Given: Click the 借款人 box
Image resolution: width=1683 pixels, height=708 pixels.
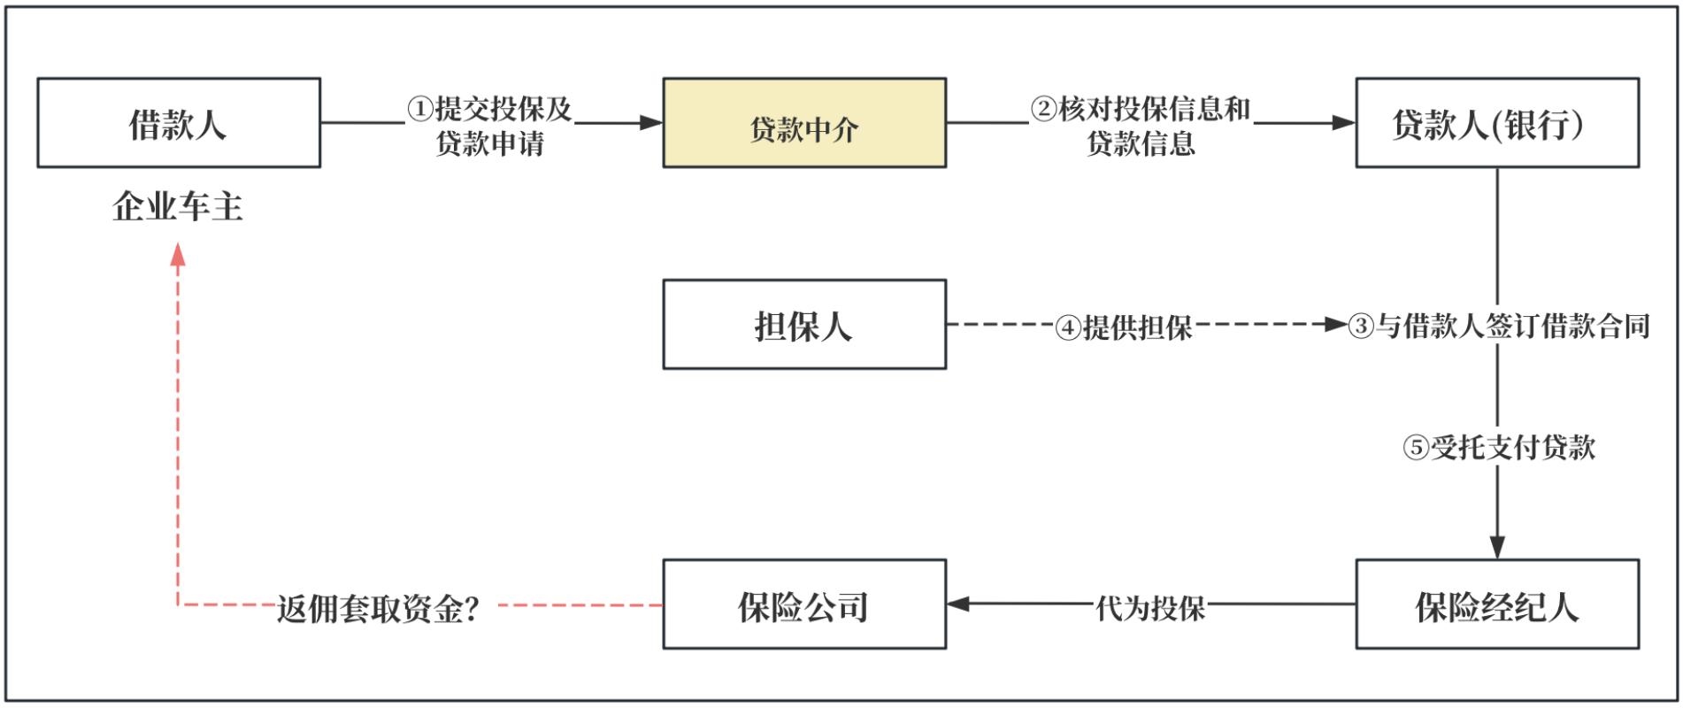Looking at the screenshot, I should click(x=178, y=123).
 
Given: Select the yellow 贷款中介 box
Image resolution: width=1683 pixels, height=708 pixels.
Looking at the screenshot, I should click(x=803, y=123).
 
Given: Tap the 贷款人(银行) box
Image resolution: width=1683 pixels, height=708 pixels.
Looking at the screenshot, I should click(x=1496, y=123).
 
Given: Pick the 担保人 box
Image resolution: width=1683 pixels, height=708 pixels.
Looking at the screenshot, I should click(x=803, y=325).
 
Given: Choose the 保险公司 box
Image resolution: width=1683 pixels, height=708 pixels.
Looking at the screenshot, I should click(x=803, y=604).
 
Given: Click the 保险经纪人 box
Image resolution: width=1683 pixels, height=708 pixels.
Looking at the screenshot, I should click(x=1496, y=604).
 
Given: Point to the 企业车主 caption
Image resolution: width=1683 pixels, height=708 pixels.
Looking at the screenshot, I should click(x=178, y=207).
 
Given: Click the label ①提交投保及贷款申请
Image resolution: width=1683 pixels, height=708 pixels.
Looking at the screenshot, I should click(x=489, y=126).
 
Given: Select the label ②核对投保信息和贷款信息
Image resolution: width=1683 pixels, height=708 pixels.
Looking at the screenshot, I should click(x=1141, y=126).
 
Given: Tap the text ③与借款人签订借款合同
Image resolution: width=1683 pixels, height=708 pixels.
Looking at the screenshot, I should click(x=1499, y=326).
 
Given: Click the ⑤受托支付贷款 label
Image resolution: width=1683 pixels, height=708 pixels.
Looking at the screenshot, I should click(x=1499, y=447).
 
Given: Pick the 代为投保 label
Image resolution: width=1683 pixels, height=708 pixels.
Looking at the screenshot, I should click(x=1150, y=607).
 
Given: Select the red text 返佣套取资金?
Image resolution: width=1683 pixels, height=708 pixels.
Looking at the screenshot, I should click(x=379, y=608).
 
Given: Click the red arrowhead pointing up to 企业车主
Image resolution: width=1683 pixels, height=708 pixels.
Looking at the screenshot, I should click(x=178, y=255).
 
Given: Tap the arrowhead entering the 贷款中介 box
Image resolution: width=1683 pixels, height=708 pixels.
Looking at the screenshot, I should click(x=651, y=123).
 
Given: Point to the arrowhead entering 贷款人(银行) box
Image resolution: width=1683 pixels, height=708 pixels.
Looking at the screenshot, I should click(x=1344, y=123).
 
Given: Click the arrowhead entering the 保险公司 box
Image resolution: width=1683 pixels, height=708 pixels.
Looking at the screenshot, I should click(x=958, y=604).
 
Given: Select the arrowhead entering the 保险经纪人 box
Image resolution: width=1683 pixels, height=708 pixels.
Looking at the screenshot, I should click(x=1497, y=547).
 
